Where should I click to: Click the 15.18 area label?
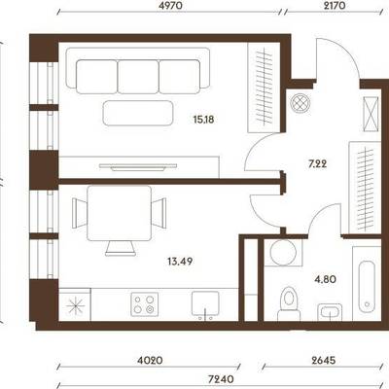203,120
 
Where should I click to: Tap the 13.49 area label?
180,261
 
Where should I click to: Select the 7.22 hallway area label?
317,164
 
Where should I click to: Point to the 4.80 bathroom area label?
325,279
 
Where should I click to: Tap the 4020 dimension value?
149,360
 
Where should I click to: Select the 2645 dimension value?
322,360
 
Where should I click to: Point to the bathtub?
367,286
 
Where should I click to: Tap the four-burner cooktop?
144,304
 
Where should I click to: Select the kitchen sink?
205,303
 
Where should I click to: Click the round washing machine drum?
283,253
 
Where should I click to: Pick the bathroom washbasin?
330,312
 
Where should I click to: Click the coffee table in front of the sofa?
137,113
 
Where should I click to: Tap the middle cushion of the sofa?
138,77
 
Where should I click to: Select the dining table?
120,213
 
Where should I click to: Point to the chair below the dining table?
121,248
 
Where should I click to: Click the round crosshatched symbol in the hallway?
301,103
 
